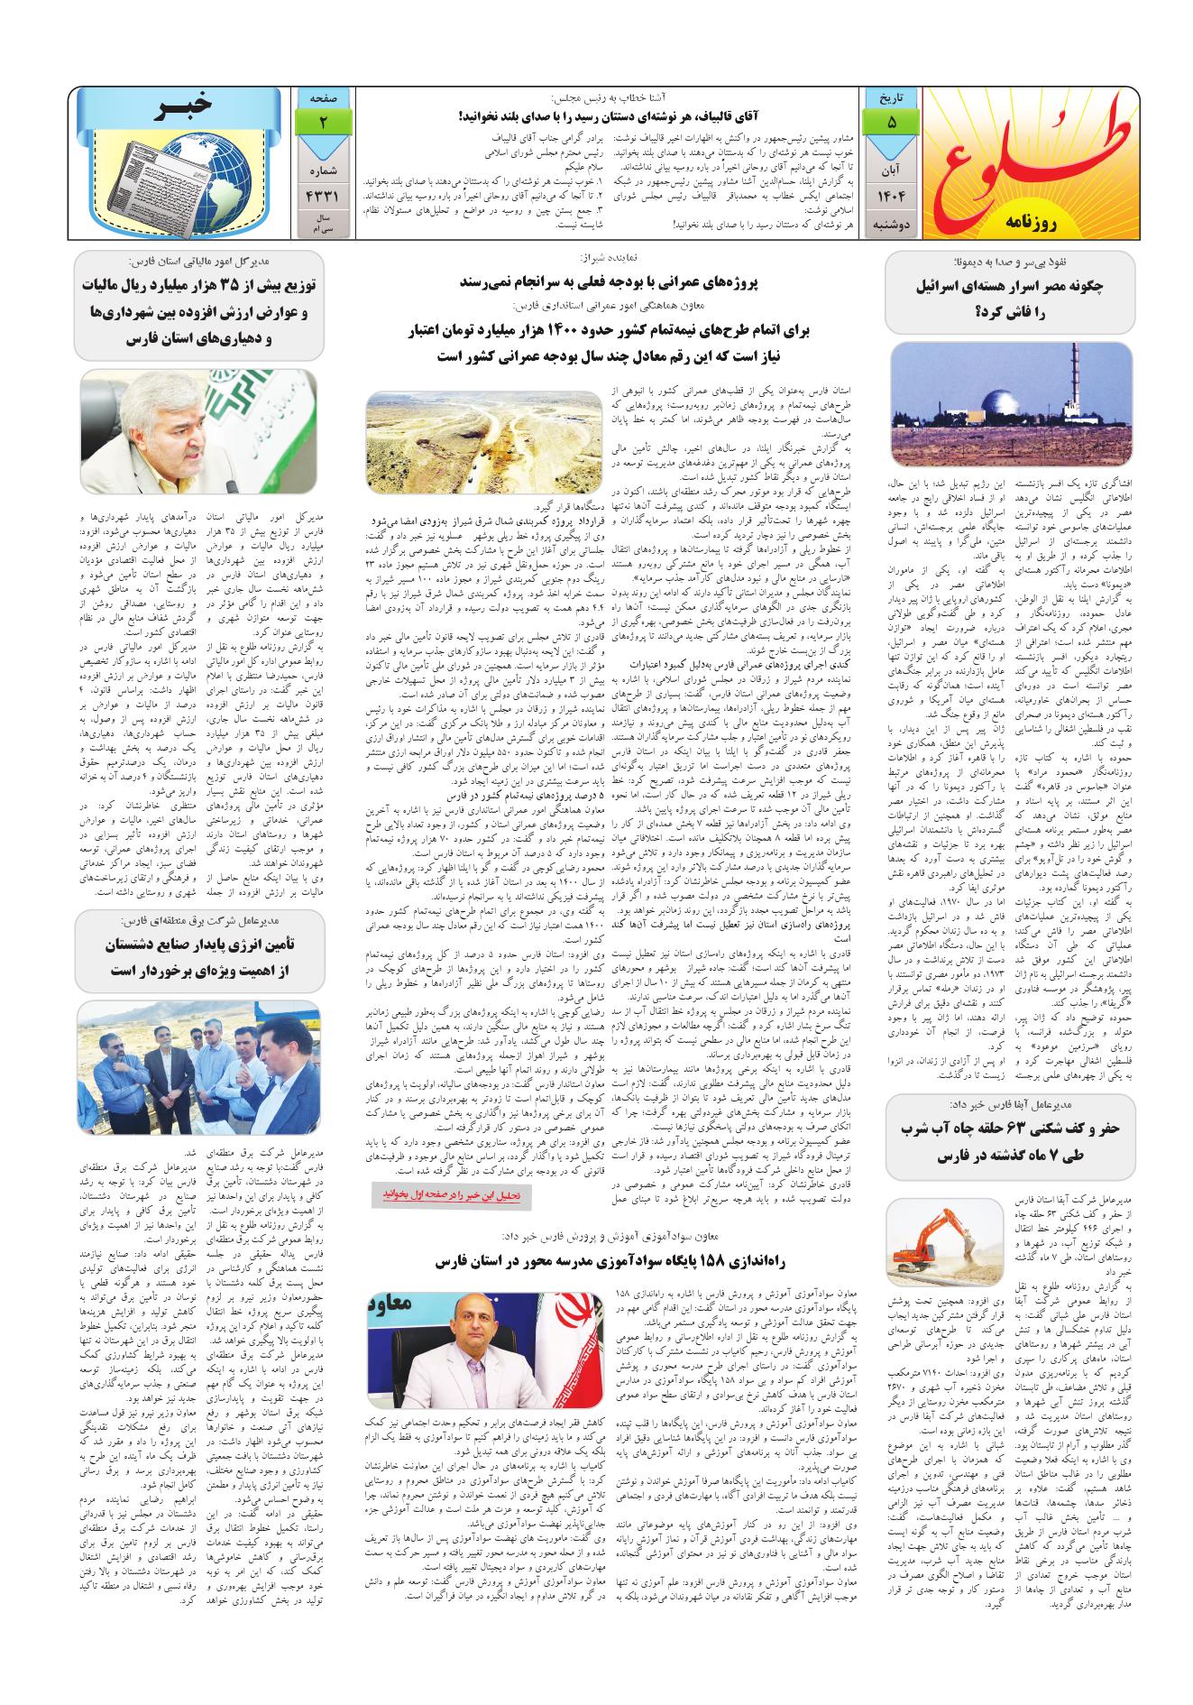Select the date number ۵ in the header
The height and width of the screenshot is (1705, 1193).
pyautogui.click(x=891, y=122)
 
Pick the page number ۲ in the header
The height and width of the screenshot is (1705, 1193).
pyautogui.click(x=323, y=122)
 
